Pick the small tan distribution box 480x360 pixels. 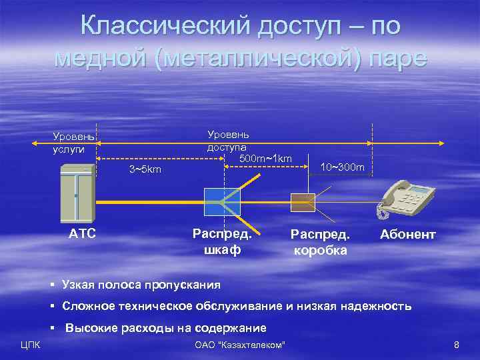click(x=303, y=201)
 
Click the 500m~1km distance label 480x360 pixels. click(x=265, y=158)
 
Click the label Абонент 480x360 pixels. click(x=407, y=235)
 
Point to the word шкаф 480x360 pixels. click(x=221, y=250)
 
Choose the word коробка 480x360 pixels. click(x=320, y=251)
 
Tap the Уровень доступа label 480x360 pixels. click(x=228, y=140)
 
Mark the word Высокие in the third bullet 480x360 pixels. click(x=89, y=328)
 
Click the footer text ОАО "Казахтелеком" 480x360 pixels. click(x=239, y=345)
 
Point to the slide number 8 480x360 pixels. click(x=456, y=345)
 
